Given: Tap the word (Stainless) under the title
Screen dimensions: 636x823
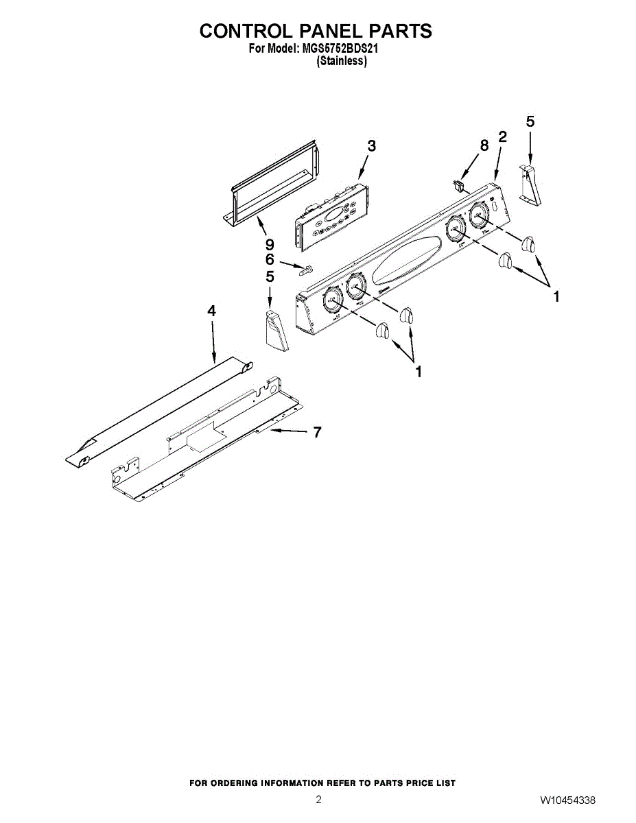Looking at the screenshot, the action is [341, 61].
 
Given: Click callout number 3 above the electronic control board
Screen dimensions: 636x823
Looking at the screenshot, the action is [371, 146].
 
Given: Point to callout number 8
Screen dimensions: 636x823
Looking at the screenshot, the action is [484, 145].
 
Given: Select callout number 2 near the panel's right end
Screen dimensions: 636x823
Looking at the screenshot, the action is [502, 136].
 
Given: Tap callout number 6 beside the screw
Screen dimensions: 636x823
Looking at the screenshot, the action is [270, 260].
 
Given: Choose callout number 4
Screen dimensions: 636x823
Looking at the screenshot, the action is [212, 311].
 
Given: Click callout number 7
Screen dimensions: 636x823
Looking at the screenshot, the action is [316, 432].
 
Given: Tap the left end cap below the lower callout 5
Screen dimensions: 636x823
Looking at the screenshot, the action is [274, 331].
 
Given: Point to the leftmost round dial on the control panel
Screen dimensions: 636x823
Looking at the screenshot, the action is [333, 300].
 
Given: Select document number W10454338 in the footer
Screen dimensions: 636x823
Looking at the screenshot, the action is [567, 800].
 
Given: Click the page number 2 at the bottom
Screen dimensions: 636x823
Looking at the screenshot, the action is [318, 799].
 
